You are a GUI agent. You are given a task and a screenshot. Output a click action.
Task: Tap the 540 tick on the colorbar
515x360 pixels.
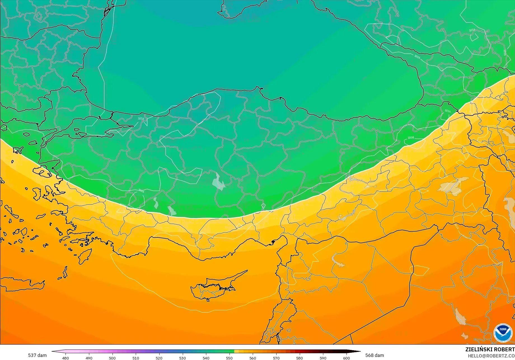click(x=206, y=358)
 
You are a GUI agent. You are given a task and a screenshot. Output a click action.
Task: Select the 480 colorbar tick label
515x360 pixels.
click(x=65, y=358)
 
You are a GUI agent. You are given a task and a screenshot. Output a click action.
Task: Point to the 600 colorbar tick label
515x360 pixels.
click(x=347, y=358)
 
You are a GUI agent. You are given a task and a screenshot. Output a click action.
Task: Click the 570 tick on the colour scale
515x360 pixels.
click(x=276, y=358)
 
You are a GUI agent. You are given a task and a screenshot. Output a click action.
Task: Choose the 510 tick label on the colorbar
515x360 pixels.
click(x=136, y=358)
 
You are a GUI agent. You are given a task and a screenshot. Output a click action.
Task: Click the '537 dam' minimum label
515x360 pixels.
click(x=37, y=355)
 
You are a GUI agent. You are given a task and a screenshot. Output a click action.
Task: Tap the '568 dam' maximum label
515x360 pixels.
click(x=374, y=355)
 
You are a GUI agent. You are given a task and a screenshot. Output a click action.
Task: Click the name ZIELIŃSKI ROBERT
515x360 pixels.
click(x=490, y=349)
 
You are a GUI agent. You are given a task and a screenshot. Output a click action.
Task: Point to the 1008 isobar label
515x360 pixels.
click(x=411, y=138)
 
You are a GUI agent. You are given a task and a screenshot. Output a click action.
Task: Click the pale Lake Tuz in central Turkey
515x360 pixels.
click(x=218, y=182)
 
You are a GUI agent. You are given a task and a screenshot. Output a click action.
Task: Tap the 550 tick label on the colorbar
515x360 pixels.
click(x=230, y=358)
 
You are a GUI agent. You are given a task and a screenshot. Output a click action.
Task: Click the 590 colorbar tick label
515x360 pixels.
click(x=323, y=358)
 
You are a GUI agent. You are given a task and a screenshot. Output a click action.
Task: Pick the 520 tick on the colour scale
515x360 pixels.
click(x=159, y=358)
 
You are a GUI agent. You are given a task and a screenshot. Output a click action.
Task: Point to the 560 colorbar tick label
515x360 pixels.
click(x=253, y=358)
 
